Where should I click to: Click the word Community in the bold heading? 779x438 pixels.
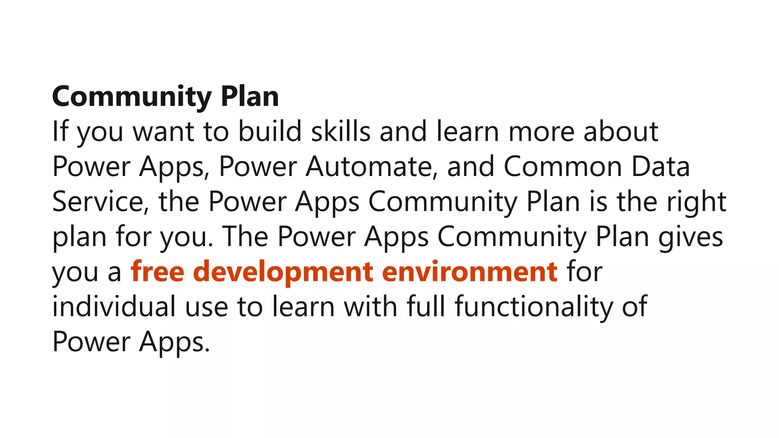pyautogui.click(x=132, y=97)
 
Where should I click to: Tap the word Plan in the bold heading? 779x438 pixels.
pyautogui.click(x=250, y=97)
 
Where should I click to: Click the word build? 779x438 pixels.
pyautogui.click(x=270, y=131)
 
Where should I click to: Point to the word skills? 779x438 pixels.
pyautogui.click(x=341, y=131)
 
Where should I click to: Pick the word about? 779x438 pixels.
pyautogui.click(x=621, y=131)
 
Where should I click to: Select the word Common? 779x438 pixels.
pyautogui.click(x=563, y=167)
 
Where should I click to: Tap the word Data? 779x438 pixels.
pyautogui.click(x=661, y=167)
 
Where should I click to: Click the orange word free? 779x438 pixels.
pyautogui.click(x=157, y=271)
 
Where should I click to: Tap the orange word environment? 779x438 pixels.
pyautogui.click(x=469, y=271)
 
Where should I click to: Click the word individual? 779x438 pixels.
pyautogui.click(x=114, y=306)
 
